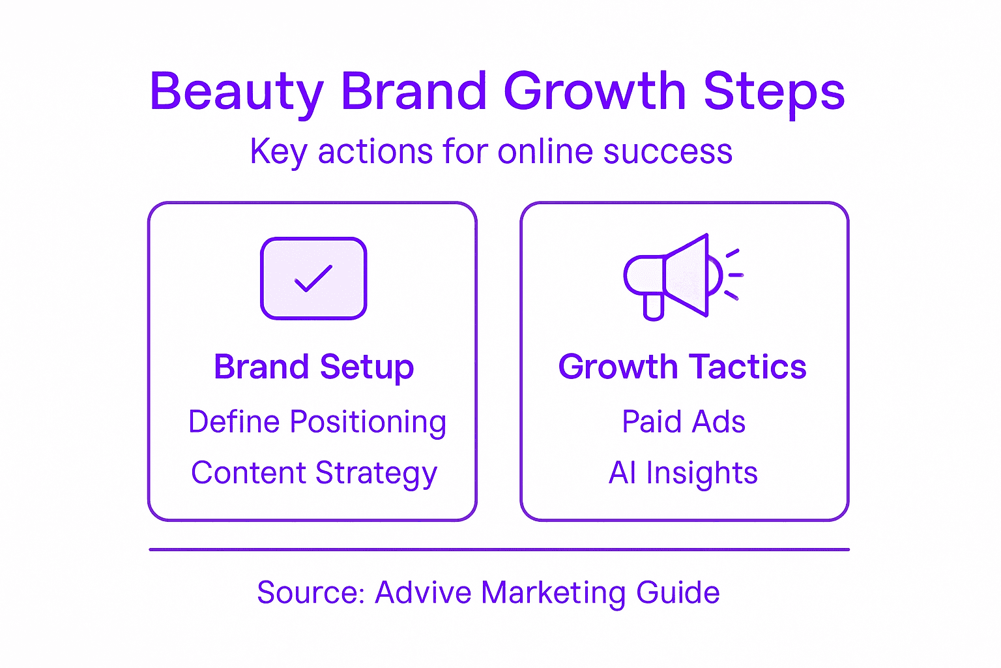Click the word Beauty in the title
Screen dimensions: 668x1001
point(236,92)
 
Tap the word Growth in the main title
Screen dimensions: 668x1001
point(594,91)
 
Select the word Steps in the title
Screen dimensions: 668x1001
point(774,92)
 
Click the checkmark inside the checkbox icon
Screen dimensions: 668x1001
point(313,279)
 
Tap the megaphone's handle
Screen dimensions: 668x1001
point(653,306)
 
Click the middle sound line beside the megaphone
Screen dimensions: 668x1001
point(736,275)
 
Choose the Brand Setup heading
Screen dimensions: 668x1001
point(313,367)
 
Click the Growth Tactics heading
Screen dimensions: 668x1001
point(682,367)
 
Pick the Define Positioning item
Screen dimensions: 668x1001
point(317,422)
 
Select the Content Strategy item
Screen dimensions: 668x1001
point(313,474)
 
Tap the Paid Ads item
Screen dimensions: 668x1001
point(683,422)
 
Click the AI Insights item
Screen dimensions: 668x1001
point(683,473)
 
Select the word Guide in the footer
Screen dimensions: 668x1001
point(678,593)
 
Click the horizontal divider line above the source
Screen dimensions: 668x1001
point(499,550)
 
